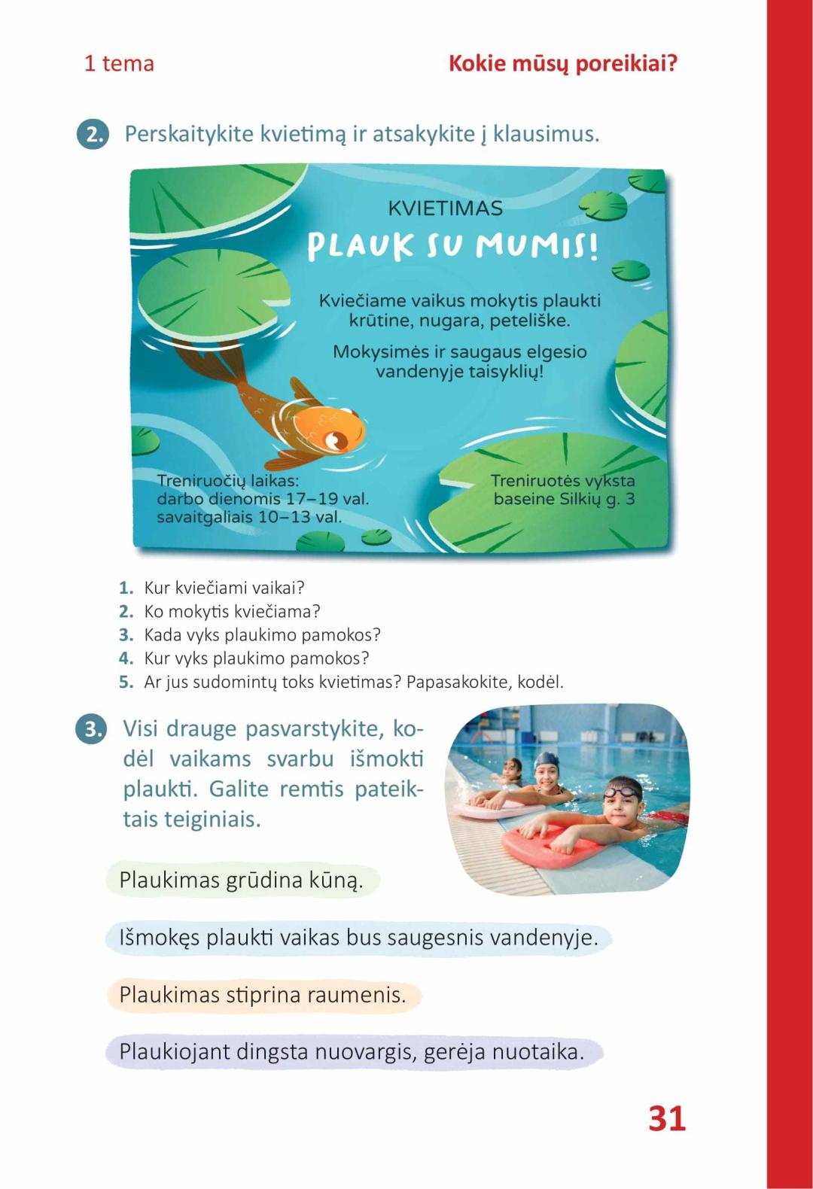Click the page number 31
click(666, 1118)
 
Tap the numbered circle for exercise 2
click(93, 135)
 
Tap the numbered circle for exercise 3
click(91, 729)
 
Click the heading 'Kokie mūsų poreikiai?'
click(562, 63)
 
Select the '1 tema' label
click(119, 63)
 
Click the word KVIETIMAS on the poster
click(445, 208)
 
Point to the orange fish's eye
click(332, 439)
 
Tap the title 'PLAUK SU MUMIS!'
click(453, 246)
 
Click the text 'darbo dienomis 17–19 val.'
click(263, 499)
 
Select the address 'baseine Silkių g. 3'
click(564, 499)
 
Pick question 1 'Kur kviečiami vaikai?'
click(224, 588)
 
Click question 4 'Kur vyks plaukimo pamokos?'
click(256, 658)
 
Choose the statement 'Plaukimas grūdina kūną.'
click(241, 880)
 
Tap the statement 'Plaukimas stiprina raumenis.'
click(262, 995)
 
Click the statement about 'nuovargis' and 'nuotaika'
click(352, 1051)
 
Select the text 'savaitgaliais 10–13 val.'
click(249, 517)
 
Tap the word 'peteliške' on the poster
click(530, 321)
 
